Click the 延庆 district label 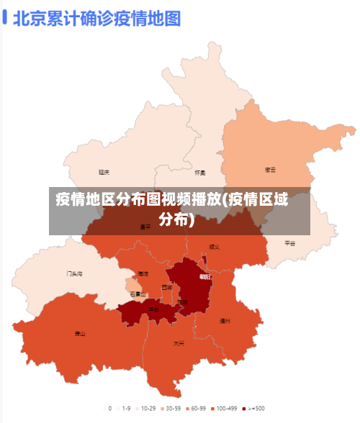pos(104,172)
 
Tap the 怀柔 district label pos(200,173)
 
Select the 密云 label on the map pos(271,170)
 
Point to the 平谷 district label pos(290,243)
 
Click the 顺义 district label pos(214,247)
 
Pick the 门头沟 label pos(75,273)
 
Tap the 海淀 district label pos(143,273)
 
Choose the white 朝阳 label pos(205,276)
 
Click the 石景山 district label pos(138,294)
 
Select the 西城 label pos(167,287)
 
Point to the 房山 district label pos(80,334)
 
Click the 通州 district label pos(225,321)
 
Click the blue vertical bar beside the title pos(5,17)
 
